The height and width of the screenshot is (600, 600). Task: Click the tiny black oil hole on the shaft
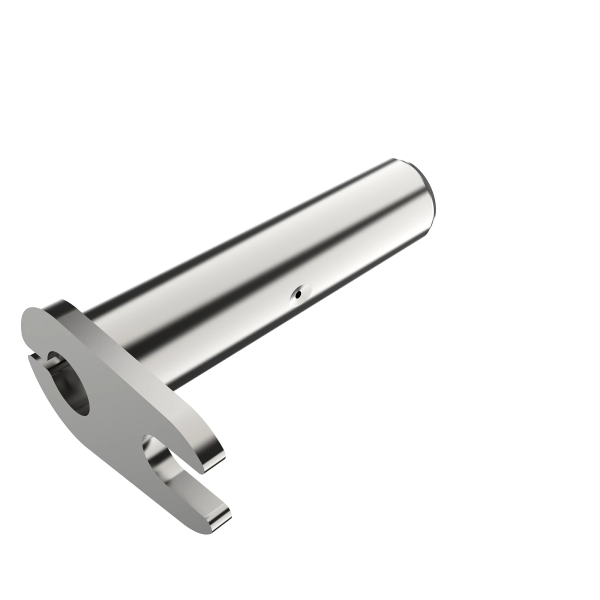click(298, 295)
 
